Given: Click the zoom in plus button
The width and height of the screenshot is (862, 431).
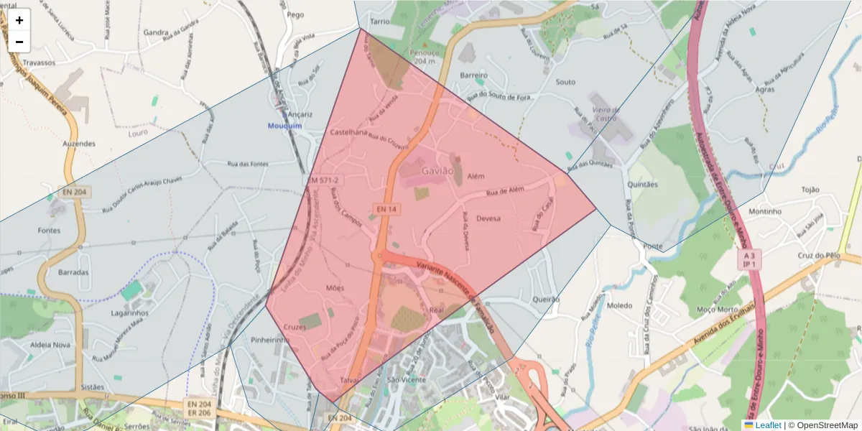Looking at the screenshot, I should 19,20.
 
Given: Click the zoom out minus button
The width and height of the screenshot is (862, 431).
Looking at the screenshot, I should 19,42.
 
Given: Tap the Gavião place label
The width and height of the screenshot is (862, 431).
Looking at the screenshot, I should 438,171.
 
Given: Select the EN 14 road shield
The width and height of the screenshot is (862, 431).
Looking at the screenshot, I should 386,209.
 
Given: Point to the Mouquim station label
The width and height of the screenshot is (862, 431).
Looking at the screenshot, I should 285,126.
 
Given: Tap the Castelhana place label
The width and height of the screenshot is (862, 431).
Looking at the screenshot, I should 349,133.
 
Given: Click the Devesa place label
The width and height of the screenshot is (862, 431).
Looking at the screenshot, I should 488,218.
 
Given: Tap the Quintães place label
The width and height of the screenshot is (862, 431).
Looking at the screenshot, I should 643,184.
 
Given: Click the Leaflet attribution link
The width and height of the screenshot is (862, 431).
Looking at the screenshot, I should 768,425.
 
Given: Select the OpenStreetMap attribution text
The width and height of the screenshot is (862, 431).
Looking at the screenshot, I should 823,425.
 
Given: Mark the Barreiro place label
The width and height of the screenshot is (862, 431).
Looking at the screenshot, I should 473,75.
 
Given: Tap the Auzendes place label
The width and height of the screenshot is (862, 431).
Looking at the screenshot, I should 79,144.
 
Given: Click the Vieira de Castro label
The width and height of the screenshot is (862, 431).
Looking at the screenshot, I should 605,113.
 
